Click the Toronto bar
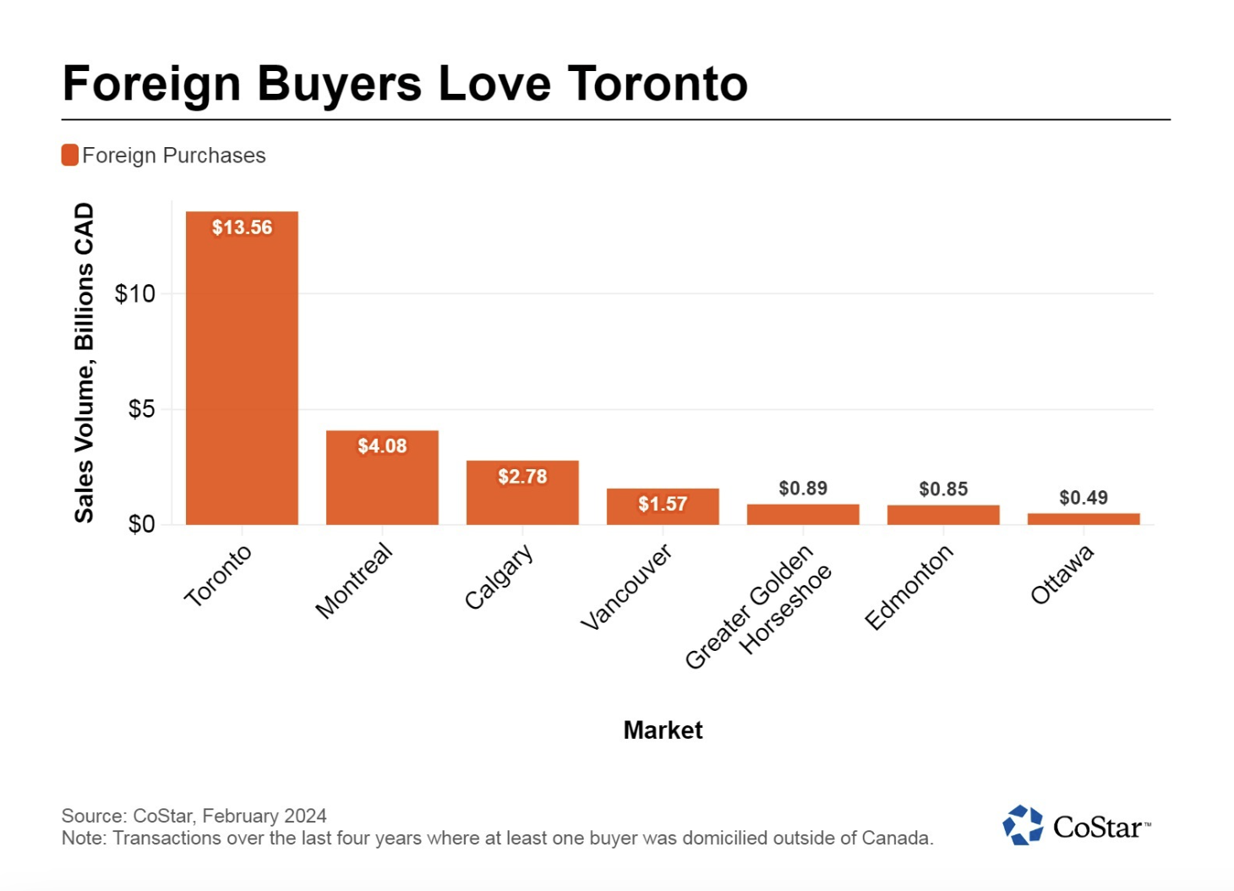[242, 372]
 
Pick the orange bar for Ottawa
[1084, 518]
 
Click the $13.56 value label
[242, 227]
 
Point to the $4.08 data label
[382, 445]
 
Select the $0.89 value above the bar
[803, 488]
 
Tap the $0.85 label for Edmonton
[943, 489]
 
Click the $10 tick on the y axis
[135, 293]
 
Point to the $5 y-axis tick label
[141, 409]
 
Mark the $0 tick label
[141, 524]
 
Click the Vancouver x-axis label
[626, 587]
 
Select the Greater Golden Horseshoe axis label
[758, 607]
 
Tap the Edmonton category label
[909, 587]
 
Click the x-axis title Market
[663, 730]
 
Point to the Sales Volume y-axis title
[84, 364]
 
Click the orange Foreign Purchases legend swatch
[70, 156]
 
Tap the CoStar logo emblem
[1023, 825]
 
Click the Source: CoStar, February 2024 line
[194, 816]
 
